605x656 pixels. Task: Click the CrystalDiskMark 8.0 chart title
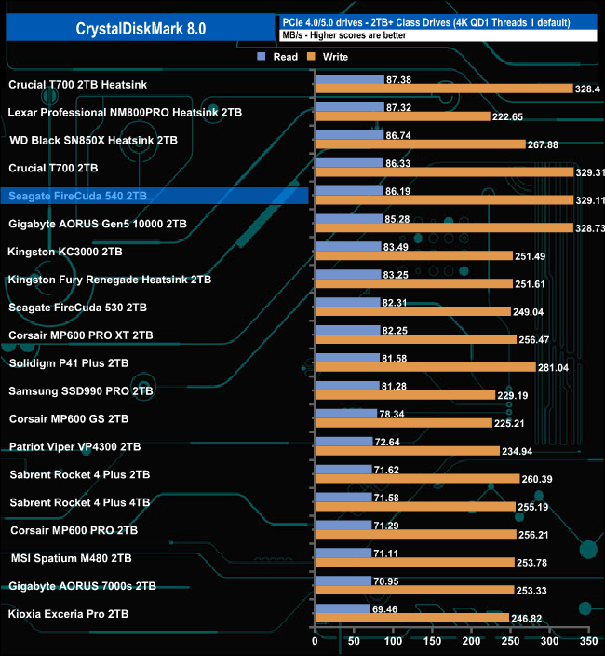pyautogui.click(x=140, y=28)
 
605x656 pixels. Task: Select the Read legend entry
pyautogui.click(x=278, y=57)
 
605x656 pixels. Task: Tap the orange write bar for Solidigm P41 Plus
pyautogui.click(x=425, y=367)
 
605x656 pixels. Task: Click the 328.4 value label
pyautogui.click(x=589, y=89)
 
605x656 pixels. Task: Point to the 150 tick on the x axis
pyautogui.click(x=434, y=642)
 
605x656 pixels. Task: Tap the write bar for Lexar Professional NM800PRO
pyautogui.click(x=403, y=116)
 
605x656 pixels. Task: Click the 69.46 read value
pyautogui.click(x=386, y=608)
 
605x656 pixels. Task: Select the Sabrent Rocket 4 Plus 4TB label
pyautogui.click(x=80, y=502)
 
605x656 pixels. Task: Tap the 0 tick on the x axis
pyautogui.click(x=316, y=642)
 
